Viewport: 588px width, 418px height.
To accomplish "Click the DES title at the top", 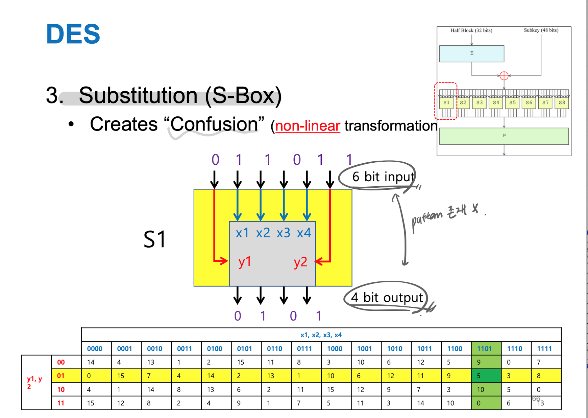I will pos(73,34).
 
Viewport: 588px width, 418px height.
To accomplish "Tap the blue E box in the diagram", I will pos(471,53).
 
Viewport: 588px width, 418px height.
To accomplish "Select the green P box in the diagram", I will pos(504,136).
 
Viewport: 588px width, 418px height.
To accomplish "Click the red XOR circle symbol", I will pos(504,76).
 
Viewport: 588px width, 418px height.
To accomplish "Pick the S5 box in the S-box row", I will pos(512,103).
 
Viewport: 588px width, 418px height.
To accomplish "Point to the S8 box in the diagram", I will pos(562,103).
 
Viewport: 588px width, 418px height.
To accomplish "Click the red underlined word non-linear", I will pos(308,126).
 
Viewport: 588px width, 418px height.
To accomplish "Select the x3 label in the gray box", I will pos(283,233).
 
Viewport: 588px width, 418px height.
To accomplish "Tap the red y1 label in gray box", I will pos(245,262).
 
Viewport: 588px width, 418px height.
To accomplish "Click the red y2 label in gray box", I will pos(300,262).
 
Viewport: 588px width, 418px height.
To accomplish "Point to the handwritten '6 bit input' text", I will pos(383,177).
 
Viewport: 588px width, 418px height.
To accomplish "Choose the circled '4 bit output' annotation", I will pos(387,298).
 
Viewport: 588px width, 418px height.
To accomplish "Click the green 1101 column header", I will pos(484,349).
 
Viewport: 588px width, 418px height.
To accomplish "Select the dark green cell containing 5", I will pos(486,376).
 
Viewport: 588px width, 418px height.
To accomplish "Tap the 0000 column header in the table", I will pos(95,349).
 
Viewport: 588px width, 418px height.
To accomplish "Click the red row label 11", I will pos(61,403).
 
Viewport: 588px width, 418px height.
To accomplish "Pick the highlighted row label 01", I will pos(61,376).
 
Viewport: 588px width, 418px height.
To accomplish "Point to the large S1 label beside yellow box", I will pos(154,239).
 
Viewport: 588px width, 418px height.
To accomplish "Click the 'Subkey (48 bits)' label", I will pos(541,30).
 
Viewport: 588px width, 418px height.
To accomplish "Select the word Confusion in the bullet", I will pos(214,124).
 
